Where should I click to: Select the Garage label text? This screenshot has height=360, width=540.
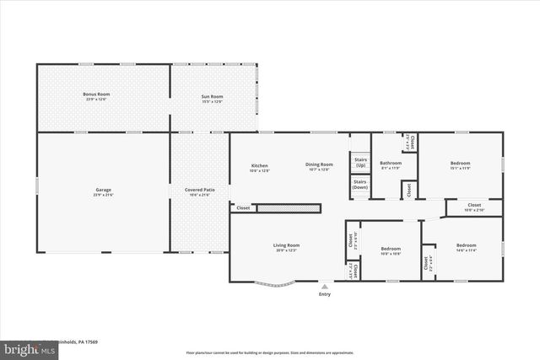pyautogui.click(x=103, y=192)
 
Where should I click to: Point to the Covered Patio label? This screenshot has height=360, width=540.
pyautogui.click(x=199, y=192)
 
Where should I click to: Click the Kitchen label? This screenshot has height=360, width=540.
pyautogui.click(x=260, y=166)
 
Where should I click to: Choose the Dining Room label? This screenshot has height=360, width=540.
pyautogui.click(x=320, y=166)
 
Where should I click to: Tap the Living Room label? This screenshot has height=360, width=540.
pyautogui.click(x=286, y=247)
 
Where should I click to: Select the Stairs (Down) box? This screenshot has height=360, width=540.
pyautogui.click(x=360, y=184)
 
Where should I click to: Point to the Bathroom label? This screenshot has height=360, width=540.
pyautogui.click(x=391, y=164)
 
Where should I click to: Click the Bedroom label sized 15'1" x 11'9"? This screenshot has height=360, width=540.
pyautogui.click(x=460, y=164)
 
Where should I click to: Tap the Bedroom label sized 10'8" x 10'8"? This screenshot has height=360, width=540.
pyautogui.click(x=391, y=250)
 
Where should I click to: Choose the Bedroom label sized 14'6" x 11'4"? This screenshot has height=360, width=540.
pyautogui.click(x=466, y=247)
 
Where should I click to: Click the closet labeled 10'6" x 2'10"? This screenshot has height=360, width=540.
pyautogui.click(x=473, y=207)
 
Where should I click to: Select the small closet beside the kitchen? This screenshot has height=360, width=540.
pyautogui.click(x=243, y=207)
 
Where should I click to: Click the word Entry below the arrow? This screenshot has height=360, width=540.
pyautogui.click(x=325, y=294)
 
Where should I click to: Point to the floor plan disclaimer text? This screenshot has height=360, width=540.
pyautogui.click(x=270, y=352)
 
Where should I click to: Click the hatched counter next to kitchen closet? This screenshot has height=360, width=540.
pyautogui.click(x=283, y=207)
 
